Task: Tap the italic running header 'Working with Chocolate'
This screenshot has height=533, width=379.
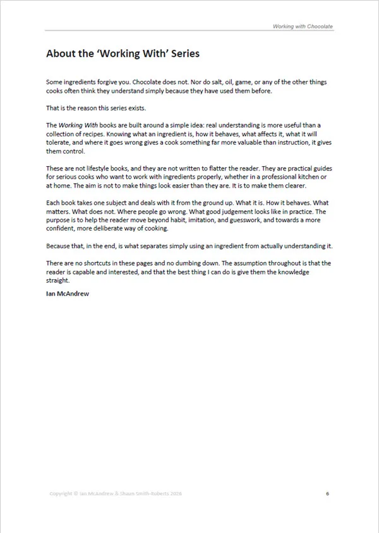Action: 303,27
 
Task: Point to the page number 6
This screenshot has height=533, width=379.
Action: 327,493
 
